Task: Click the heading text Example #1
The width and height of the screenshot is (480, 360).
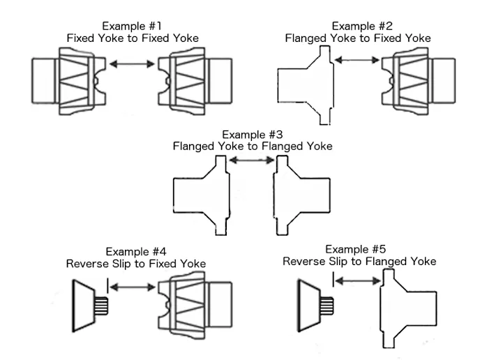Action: (133, 26)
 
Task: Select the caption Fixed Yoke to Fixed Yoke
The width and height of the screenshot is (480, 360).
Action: (133, 38)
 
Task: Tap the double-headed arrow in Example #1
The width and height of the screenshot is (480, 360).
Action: (133, 64)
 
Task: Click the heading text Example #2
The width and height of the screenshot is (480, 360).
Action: (357, 26)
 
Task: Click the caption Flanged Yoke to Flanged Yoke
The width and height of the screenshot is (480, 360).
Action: (253, 147)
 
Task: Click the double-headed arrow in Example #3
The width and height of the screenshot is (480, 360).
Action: (251, 161)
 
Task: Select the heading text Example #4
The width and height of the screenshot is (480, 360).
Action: (135, 251)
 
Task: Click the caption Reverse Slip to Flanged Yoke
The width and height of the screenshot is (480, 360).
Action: (359, 261)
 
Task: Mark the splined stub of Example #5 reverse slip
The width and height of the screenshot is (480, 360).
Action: (326, 304)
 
